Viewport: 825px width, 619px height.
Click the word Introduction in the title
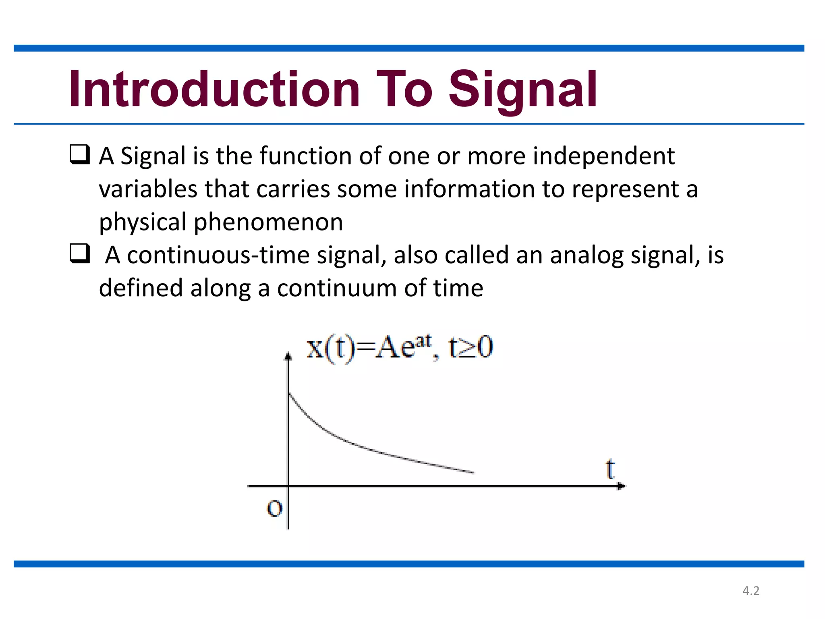[x=214, y=89]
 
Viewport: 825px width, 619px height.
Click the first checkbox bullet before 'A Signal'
[x=79, y=155]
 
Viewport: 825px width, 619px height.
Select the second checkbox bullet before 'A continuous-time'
[x=79, y=254]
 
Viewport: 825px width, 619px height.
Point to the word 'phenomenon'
[x=268, y=222]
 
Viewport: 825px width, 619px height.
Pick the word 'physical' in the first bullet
[x=143, y=222]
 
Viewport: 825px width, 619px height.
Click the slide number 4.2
[x=751, y=591]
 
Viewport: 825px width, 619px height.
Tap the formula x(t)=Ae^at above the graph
[x=369, y=347]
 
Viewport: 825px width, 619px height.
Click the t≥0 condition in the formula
[x=471, y=347]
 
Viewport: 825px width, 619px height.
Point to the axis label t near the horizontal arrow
[x=610, y=470]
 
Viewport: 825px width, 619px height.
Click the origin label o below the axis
[x=275, y=508]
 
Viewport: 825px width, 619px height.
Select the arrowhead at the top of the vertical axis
[x=288, y=356]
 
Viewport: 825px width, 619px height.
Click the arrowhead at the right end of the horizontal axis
[x=621, y=486]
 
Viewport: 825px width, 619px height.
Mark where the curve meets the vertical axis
[x=289, y=393]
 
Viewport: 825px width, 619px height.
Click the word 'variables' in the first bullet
[x=148, y=189]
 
